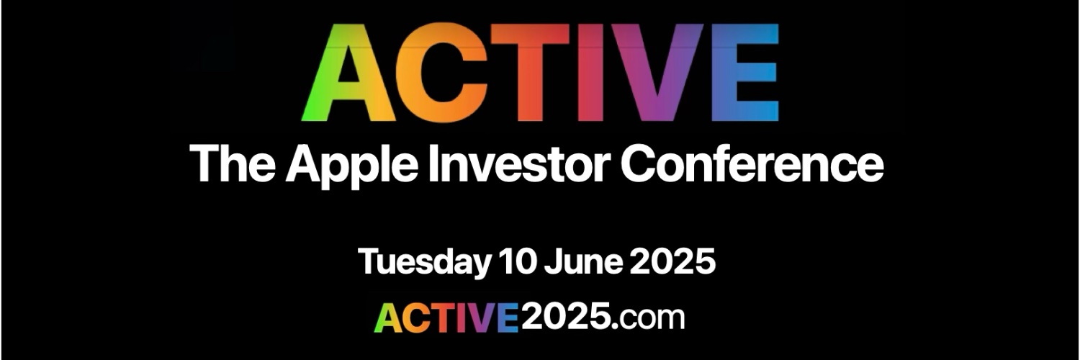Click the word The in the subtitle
coord(232,163)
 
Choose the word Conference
coord(752,163)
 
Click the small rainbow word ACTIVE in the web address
coord(447,318)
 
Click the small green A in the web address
coord(387,319)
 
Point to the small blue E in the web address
coord(509,318)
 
